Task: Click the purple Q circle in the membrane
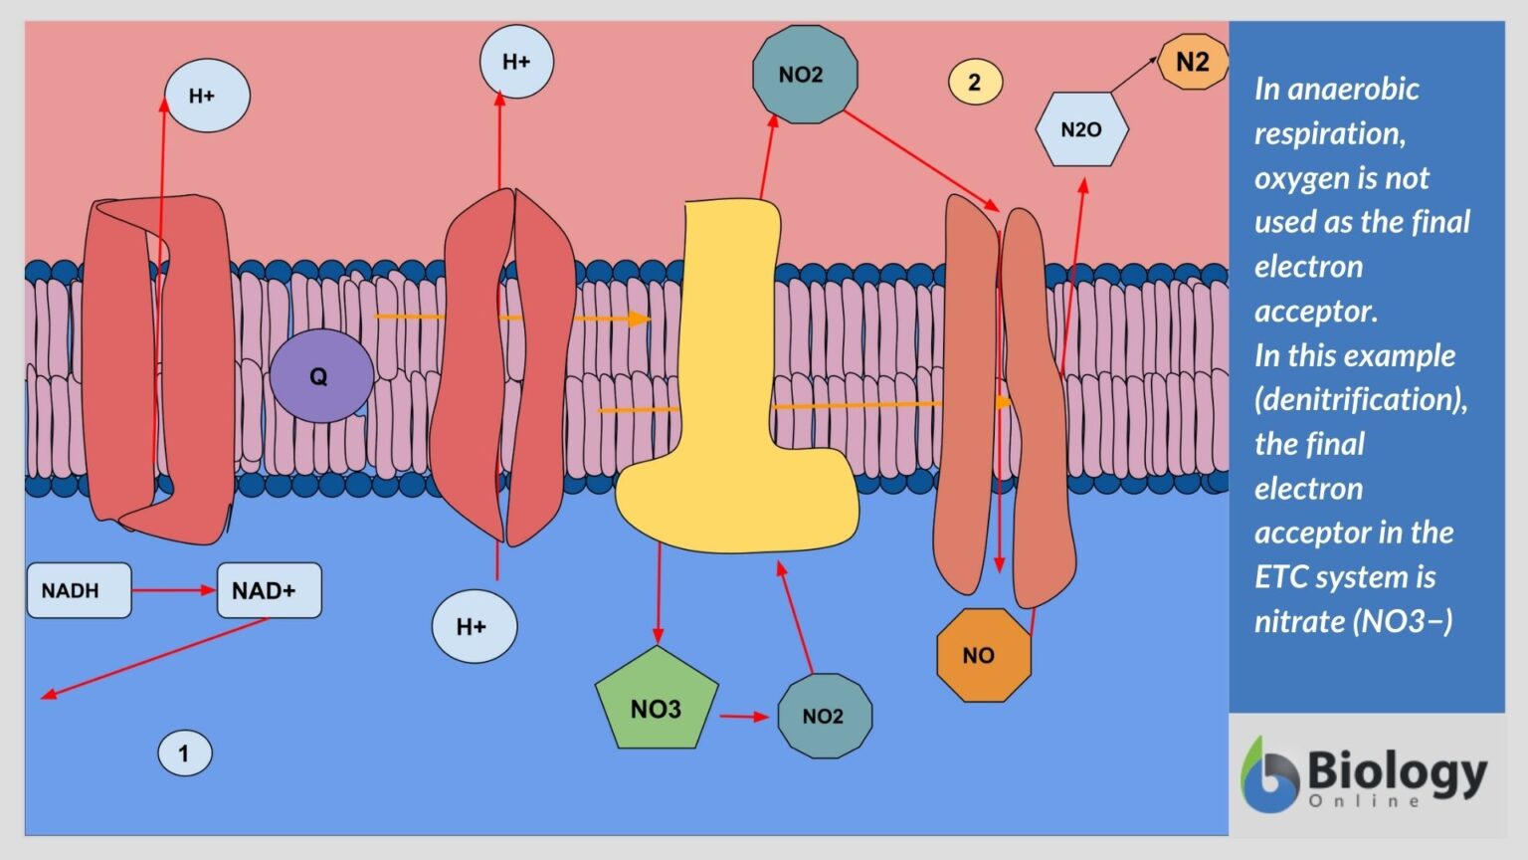pyautogui.click(x=320, y=376)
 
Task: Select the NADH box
pyautogui.click(x=79, y=590)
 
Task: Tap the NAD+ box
pyautogui.click(x=269, y=590)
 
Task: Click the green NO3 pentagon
pyautogui.click(x=657, y=702)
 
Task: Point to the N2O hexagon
pyautogui.click(x=1081, y=129)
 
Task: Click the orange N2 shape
pyautogui.click(x=1193, y=63)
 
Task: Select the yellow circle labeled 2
pyautogui.click(x=974, y=82)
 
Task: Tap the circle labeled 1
pyautogui.click(x=184, y=753)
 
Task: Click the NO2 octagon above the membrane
pyautogui.click(x=804, y=75)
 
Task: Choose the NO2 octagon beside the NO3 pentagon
pyautogui.click(x=824, y=716)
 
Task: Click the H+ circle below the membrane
pyautogui.click(x=474, y=627)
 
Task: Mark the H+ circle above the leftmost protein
pyautogui.click(x=206, y=96)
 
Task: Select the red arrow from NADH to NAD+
pyautogui.click(x=173, y=590)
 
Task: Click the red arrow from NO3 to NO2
pyautogui.click(x=744, y=716)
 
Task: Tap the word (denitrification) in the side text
pyautogui.click(x=1360, y=399)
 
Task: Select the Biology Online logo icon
pyautogui.click(x=1268, y=776)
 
